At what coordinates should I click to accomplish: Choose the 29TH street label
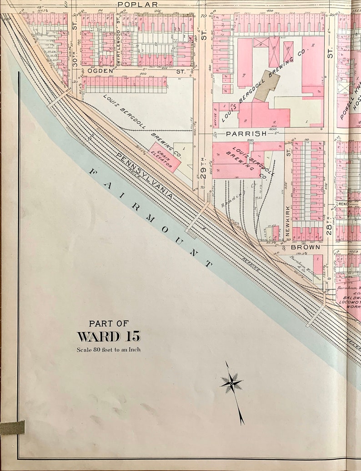(204, 169)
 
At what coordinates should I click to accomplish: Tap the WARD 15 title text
(109, 336)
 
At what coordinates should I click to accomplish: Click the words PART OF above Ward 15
(109, 323)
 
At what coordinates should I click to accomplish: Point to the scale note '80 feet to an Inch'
(109, 349)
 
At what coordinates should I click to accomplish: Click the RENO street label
(343, 204)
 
